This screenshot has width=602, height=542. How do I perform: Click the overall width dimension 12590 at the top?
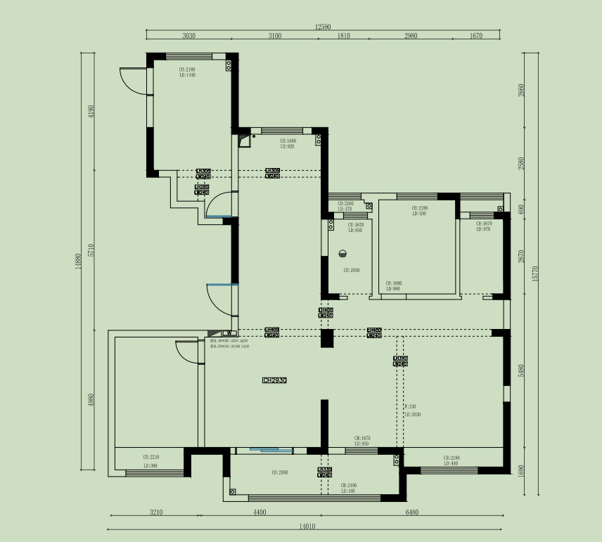(x=323, y=27)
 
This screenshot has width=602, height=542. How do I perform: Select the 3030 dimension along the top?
(x=188, y=36)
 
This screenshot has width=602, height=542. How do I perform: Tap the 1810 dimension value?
(x=344, y=36)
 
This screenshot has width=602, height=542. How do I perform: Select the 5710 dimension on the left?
(x=91, y=250)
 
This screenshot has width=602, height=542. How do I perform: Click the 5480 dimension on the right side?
(x=521, y=370)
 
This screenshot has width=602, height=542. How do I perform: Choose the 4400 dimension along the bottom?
(x=260, y=512)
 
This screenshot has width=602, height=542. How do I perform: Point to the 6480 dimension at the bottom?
(x=411, y=512)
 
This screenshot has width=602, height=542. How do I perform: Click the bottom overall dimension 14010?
(x=307, y=525)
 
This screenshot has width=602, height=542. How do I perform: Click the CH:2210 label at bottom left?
(x=150, y=457)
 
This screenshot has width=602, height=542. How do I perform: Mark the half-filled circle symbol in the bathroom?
(x=343, y=254)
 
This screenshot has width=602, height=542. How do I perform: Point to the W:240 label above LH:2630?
(x=410, y=406)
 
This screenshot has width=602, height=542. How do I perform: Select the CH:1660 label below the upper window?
(x=288, y=141)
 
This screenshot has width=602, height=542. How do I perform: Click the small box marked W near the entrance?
(x=228, y=333)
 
